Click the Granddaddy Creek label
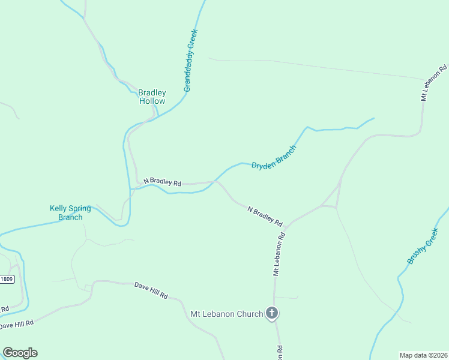click(x=191, y=61)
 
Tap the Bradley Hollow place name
click(x=152, y=97)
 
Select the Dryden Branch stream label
click(x=274, y=157)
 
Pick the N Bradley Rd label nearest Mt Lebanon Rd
click(x=265, y=216)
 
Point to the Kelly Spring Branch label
click(x=70, y=212)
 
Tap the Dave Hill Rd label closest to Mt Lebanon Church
click(x=151, y=291)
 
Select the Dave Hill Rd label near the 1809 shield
click(x=17, y=324)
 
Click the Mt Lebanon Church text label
click(x=226, y=314)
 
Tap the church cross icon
click(x=272, y=313)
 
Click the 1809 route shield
click(x=7, y=279)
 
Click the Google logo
click(x=20, y=353)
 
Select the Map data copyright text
click(x=423, y=355)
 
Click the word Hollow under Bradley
click(x=152, y=101)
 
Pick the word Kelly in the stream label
click(x=58, y=208)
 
